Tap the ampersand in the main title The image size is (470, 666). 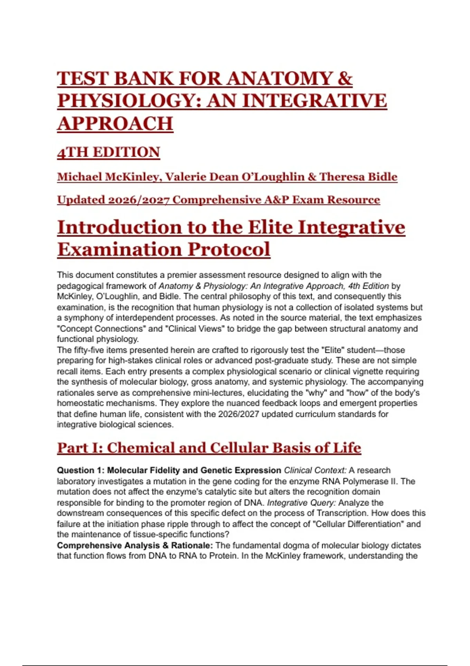[x=344, y=78]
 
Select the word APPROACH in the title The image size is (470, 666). [x=115, y=123]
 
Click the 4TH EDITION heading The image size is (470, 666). [x=108, y=152]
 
